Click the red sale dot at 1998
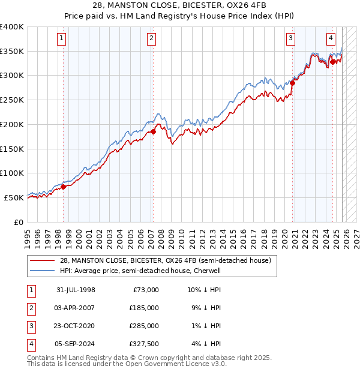click(x=64, y=187)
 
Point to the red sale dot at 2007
click(x=153, y=131)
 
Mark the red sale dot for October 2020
click(x=293, y=83)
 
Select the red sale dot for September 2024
click(x=332, y=61)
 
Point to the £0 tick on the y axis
click(x=18, y=222)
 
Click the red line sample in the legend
click(x=43, y=260)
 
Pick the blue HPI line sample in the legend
click(x=43, y=271)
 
